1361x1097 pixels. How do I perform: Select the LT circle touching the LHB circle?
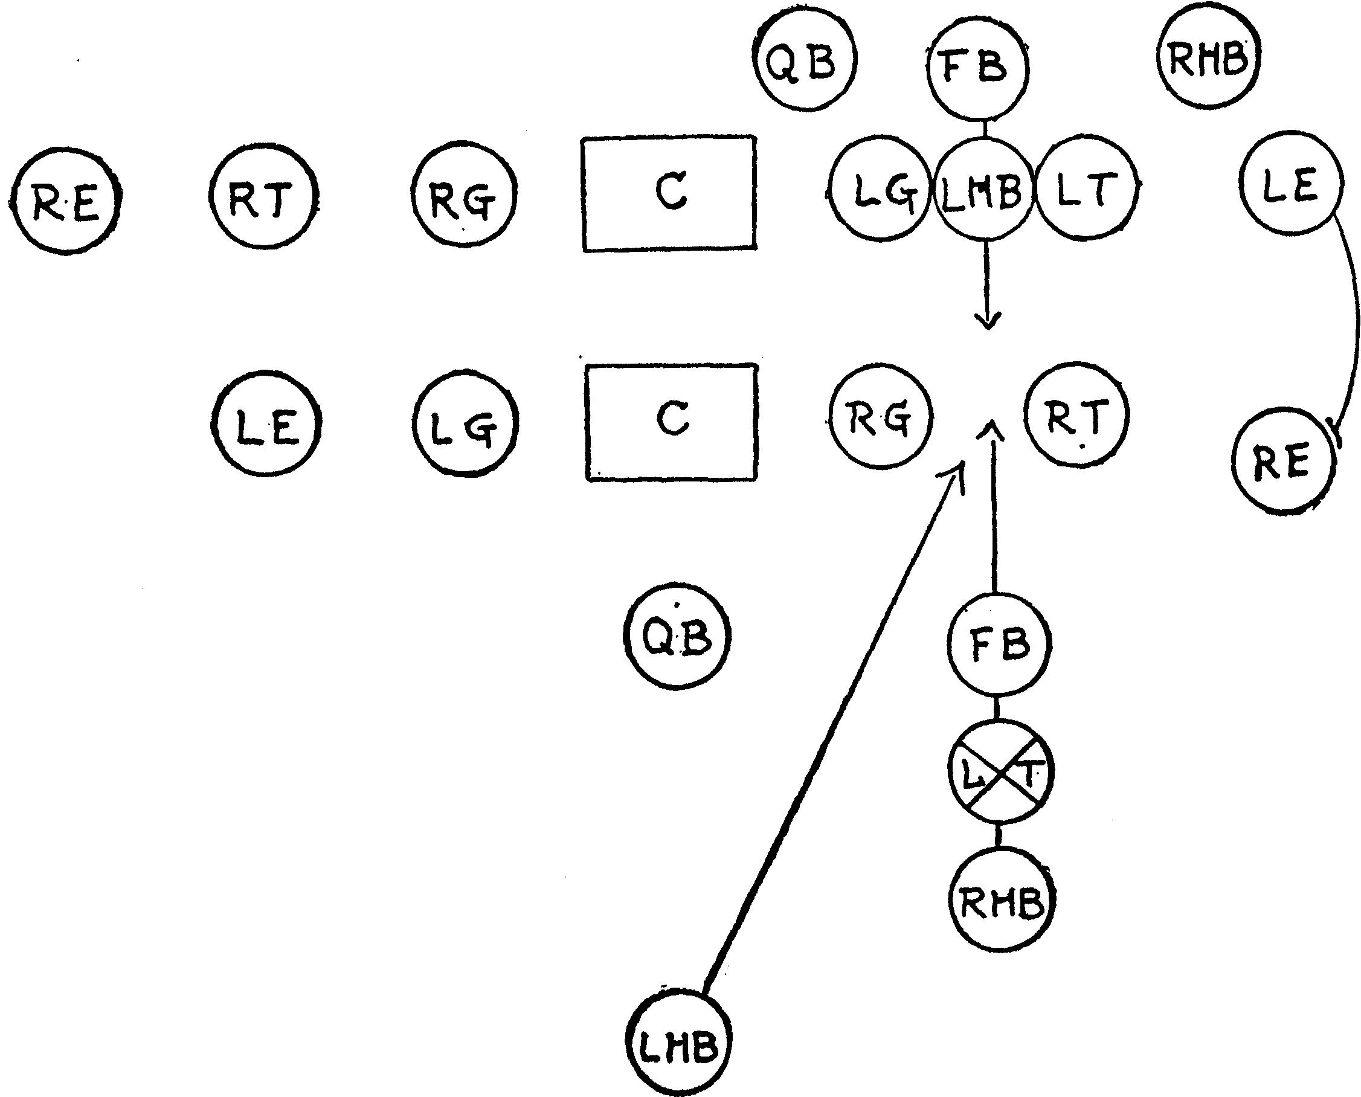pyautogui.click(x=1085, y=188)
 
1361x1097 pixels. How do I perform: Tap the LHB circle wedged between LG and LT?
pyautogui.click(x=983, y=189)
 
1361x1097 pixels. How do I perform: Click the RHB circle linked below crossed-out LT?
pyautogui.click(x=1002, y=901)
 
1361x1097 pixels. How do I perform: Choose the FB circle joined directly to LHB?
pyautogui.click(x=977, y=67)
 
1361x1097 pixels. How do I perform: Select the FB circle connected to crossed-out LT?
pyautogui.click(x=1000, y=644)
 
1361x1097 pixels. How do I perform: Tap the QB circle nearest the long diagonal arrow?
pyautogui.click(x=677, y=636)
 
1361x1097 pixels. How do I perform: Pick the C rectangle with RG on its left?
pyautogui.click(x=669, y=193)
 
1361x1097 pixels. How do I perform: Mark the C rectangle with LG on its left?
pyautogui.click(x=672, y=422)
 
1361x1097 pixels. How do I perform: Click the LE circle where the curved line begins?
pyautogui.click(x=1290, y=184)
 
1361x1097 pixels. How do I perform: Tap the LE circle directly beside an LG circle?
pyautogui.click(x=266, y=423)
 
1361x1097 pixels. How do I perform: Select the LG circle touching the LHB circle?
pyautogui.click(x=881, y=188)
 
